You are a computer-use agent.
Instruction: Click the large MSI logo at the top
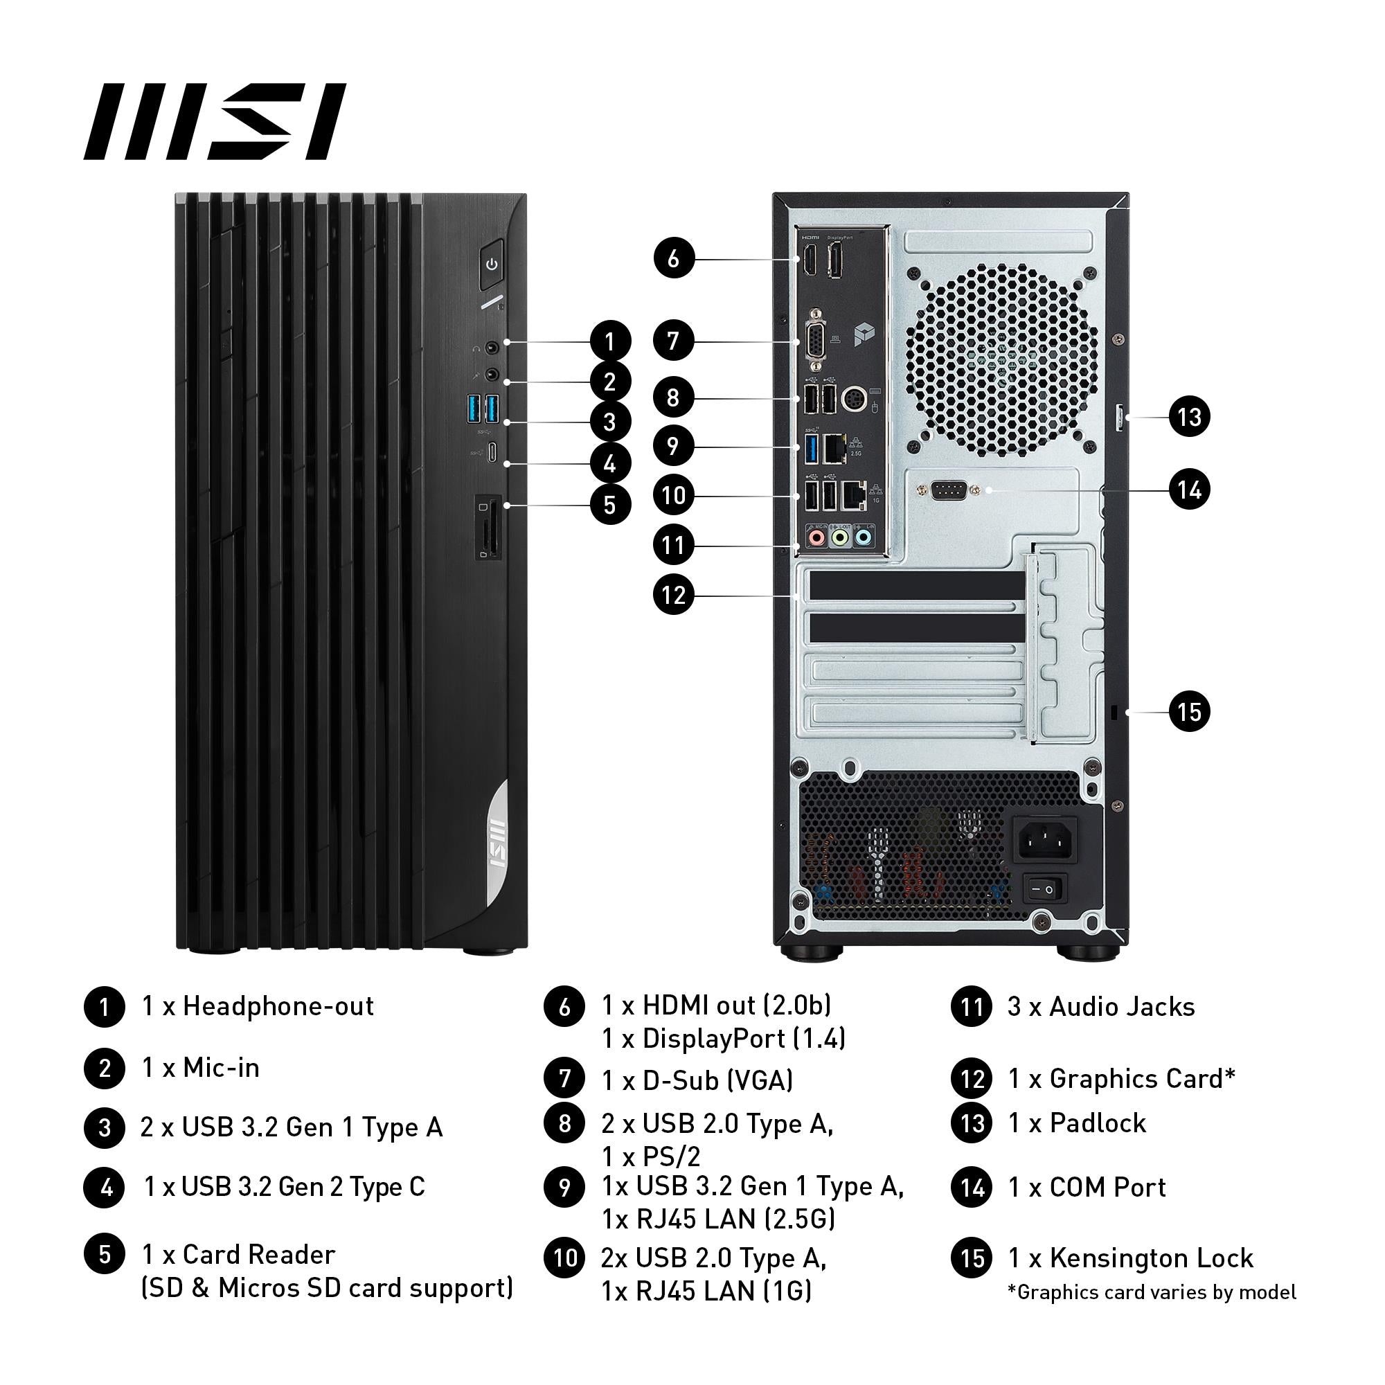point(215,121)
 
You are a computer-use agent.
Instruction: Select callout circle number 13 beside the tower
point(1189,416)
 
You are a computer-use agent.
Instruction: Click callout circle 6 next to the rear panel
point(674,258)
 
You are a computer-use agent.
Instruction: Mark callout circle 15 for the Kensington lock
point(1189,712)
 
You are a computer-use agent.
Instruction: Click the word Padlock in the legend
point(1098,1123)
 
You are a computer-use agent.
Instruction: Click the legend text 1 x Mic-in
point(201,1067)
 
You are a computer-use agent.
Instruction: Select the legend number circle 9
point(565,1187)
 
